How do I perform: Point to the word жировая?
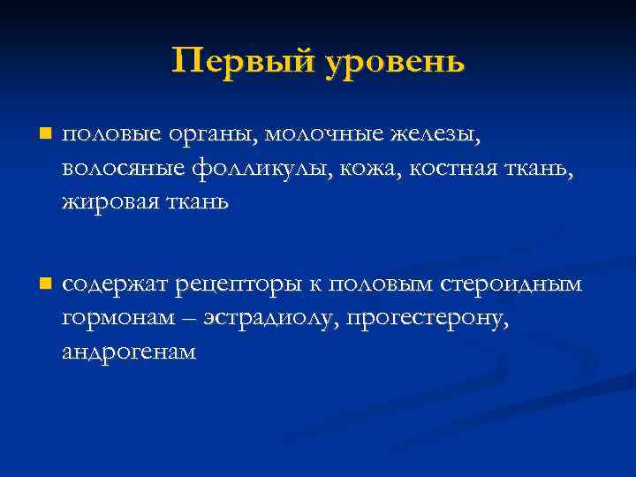click(102, 202)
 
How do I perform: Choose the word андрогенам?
click(129, 351)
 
